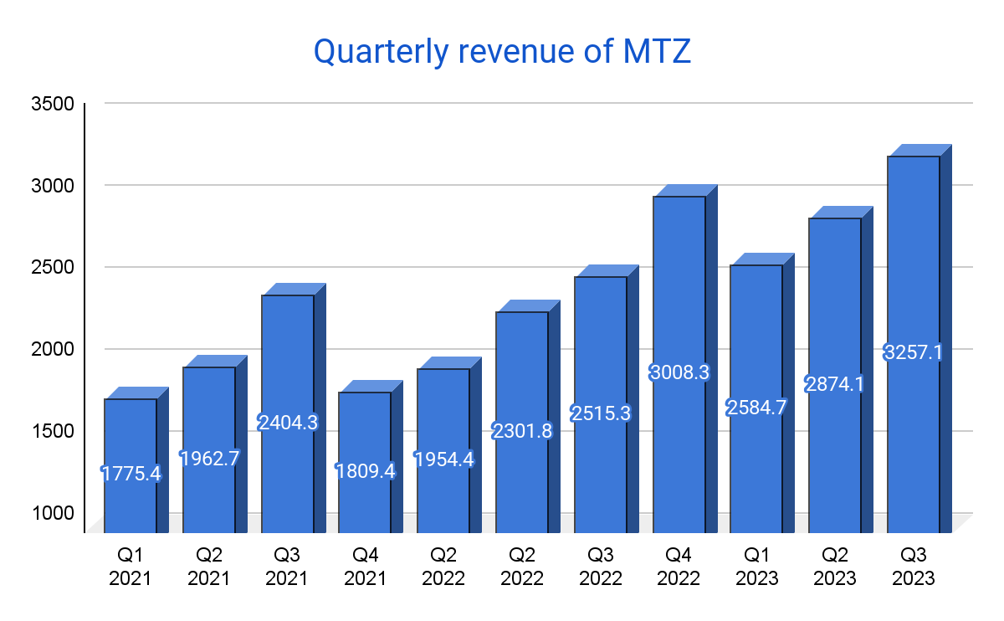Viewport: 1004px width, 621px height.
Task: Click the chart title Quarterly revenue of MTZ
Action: pyautogui.click(x=502, y=52)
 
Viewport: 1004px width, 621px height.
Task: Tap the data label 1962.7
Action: pyautogui.click(x=209, y=458)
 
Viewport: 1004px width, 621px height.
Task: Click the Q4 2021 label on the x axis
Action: pyautogui.click(x=365, y=567)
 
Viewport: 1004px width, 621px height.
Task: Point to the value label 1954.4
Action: pyautogui.click(x=443, y=459)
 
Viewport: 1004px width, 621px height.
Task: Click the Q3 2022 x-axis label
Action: pyautogui.click(x=601, y=567)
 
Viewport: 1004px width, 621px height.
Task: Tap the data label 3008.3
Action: pyautogui.click(x=679, y=372)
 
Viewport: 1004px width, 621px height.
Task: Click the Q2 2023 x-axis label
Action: pyautogui.click(x=835, y=567)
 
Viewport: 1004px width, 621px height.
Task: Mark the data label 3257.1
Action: pyautogui.click(x=914, y=352)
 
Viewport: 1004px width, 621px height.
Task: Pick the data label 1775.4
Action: pyautogui.click(x=131, y=474)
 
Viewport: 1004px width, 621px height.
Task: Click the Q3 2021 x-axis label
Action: pyautogui.click(x=288, y=567)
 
